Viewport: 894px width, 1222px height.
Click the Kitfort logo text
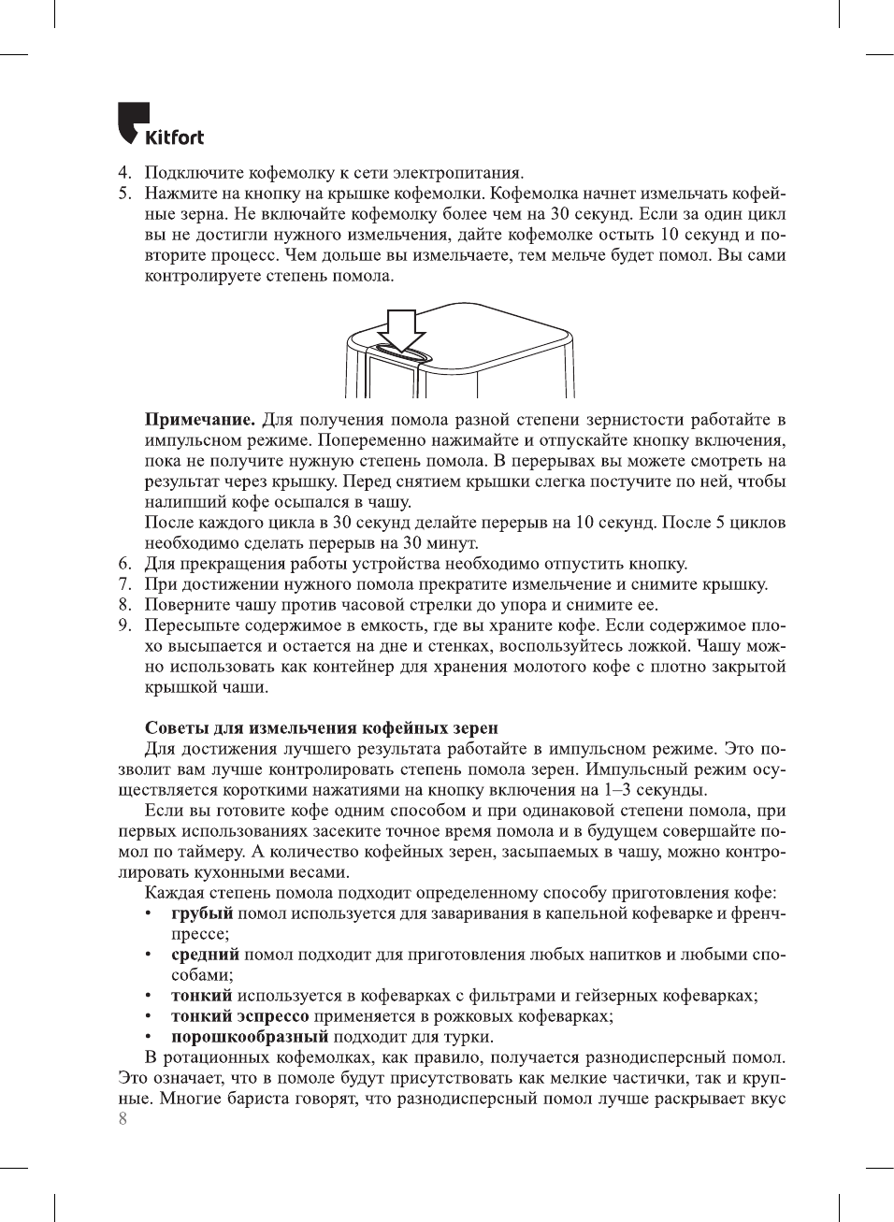(174, 137)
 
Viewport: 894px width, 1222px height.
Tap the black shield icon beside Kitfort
(132, 122)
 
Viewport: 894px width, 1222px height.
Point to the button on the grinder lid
(400, 352)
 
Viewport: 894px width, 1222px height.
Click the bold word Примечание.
(199, 420)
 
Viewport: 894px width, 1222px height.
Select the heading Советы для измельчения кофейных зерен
(321, 727)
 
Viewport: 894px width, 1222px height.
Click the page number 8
(123, 1118)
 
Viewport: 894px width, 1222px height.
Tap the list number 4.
(123, 173)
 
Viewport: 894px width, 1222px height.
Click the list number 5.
(123, 194)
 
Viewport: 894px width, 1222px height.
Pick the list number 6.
(123, 564)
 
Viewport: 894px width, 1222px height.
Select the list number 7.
(123, 584)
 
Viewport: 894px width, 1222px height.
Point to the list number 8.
(123, 605)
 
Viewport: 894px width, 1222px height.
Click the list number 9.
(123, 625)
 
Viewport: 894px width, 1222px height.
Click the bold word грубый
(201, 913)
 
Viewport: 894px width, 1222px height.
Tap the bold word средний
(205, 955)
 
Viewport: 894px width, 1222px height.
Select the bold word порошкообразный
(250, 1037)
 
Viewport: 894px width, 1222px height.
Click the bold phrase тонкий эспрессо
(239, 1016)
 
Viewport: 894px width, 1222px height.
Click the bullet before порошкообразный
(148, 1037)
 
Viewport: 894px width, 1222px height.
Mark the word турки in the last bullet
(469, 1037)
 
